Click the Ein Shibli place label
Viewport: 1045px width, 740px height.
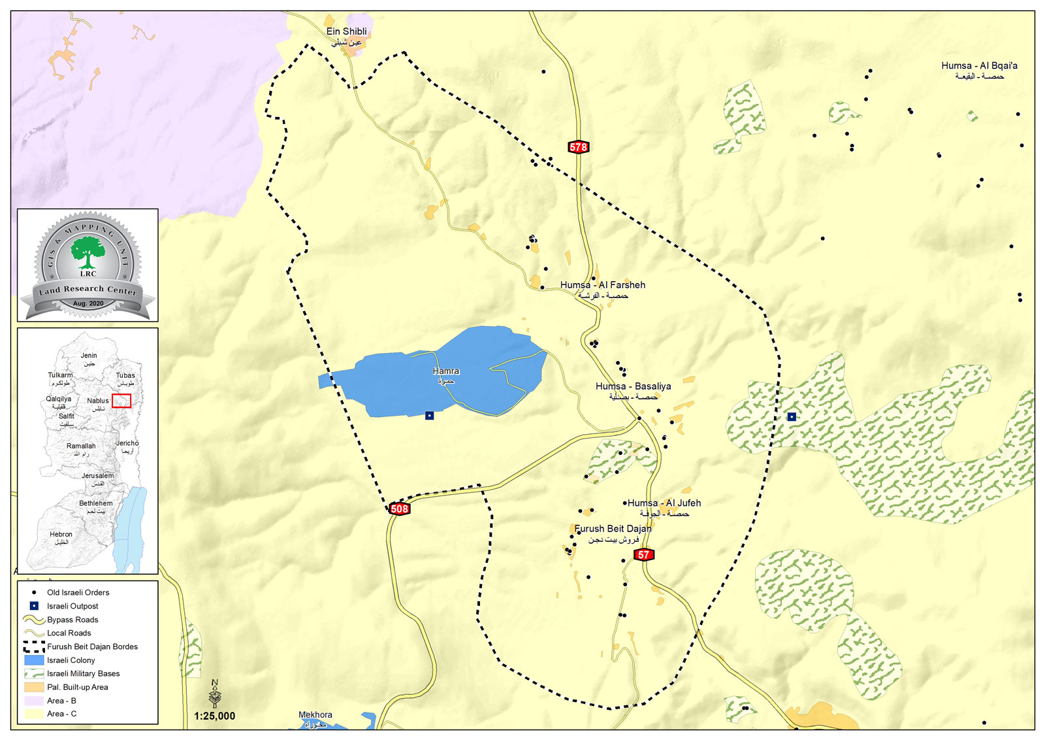[346, 31]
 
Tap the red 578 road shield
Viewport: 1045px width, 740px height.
[578, 147]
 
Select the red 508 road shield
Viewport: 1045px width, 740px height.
[399, 509]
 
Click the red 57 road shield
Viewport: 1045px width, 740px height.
[644, 555]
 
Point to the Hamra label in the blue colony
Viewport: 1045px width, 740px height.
[446, 371]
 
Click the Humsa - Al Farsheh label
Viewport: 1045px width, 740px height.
[602, 285]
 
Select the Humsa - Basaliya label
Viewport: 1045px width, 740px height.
[633, 386]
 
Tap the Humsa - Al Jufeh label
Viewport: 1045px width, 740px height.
[664, 503]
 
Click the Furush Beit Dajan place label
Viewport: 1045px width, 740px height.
[613, 529]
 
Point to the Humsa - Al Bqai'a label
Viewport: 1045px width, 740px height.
[979, 66]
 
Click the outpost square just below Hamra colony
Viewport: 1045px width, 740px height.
[429, 416]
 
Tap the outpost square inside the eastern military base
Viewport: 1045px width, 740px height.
[792, 416]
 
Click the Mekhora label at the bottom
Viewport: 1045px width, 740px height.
[315, 715]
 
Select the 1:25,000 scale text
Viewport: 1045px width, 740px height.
[214, 716]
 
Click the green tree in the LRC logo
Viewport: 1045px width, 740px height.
[88, 252]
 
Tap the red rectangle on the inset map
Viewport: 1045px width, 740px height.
[121, 401]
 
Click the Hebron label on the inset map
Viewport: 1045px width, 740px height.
[61, 535]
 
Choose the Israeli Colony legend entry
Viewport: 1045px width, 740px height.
[71, 660]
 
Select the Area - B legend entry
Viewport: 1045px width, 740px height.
[61, 701]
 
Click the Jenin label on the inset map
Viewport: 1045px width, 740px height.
[89, 356]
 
